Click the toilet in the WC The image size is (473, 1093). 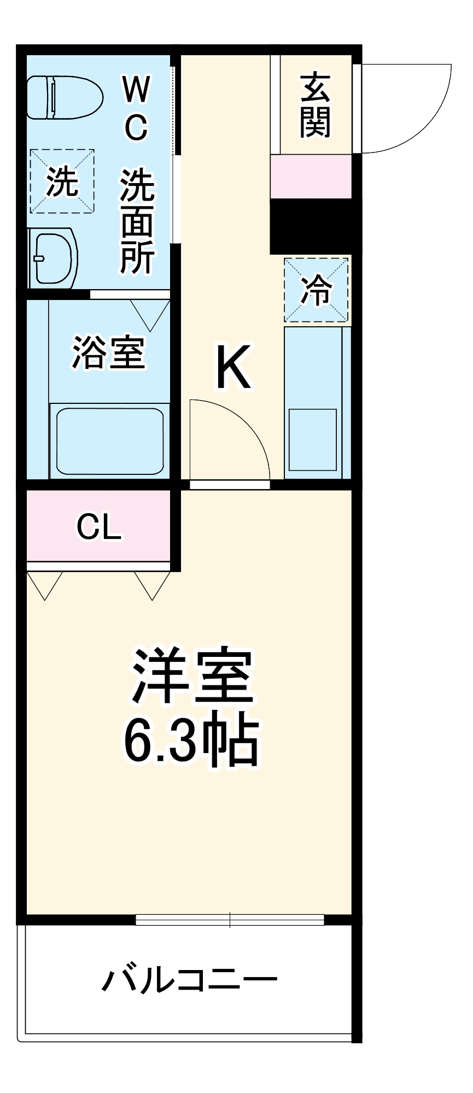(65, 97)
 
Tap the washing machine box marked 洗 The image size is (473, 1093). (62, 181)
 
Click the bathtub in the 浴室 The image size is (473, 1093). (109, 440)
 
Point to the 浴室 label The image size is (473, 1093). (109, 352)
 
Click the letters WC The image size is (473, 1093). (136, 108)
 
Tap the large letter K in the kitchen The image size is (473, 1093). (234, 367)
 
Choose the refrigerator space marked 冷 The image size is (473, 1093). (316, 290)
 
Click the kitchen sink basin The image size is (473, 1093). (312, 439)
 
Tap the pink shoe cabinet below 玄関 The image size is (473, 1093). (311, 176)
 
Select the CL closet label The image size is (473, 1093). (98, 526)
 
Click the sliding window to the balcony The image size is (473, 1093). (230, 920)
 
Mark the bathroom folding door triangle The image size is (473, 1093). (150, 314)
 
